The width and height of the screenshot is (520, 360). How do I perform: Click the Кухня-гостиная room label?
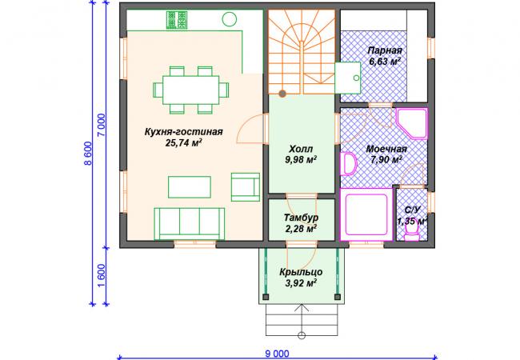[x=183, y=132]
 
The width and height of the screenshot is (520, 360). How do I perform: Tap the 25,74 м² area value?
[x=183, y=143]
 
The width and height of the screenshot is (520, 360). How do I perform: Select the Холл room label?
[x=301, y=149]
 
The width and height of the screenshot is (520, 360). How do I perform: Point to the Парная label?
[x=385, y=50]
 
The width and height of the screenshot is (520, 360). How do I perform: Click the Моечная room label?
[x=386, y=149]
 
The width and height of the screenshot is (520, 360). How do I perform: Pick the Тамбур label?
[x=301, y=218]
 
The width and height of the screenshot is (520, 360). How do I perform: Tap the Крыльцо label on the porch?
[x=301, y=272]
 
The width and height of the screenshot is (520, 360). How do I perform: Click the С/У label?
[x=412, y=210]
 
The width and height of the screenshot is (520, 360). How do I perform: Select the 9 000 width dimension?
[x=277, y=354]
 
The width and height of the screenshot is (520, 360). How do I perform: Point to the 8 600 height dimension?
[x=87, y=154]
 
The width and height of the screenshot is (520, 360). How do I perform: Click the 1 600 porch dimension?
[x=101, y=276]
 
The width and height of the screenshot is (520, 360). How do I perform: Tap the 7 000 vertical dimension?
[x=101, y=125]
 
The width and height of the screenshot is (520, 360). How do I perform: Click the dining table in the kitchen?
[x=190, y=90]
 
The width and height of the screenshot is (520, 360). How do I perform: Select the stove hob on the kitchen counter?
[x=177, y=20]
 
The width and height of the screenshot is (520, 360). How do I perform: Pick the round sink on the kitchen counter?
[x=229, y=19]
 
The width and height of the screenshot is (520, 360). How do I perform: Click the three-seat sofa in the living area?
[x=190, y=224]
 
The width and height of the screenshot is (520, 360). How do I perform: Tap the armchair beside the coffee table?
[x=246, y=187]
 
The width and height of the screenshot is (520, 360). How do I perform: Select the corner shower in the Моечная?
[x=411, y=123]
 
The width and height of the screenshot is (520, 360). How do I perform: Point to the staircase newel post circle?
[x=282, y=94]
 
